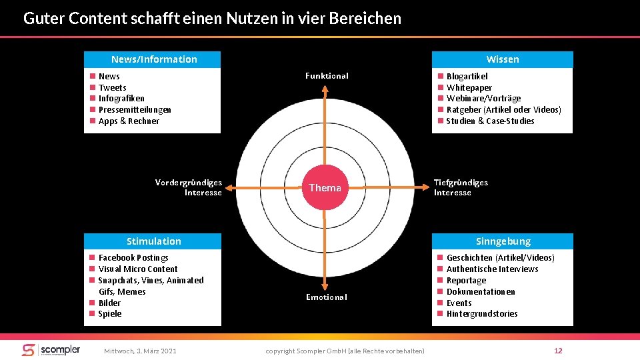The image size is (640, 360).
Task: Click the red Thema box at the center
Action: click(325, 188)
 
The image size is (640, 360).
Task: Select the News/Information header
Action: click(153, 59)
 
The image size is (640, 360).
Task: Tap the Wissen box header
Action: click(502, 59)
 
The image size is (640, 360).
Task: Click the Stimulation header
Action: click(153, 241)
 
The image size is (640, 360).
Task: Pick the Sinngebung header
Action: click(503, 241)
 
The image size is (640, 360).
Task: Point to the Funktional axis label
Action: click(327, 76)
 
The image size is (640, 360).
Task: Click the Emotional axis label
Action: click(327, 297)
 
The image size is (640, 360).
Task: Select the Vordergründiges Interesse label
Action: click(189, 187)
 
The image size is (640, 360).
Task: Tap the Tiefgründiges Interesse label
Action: click(461, 187)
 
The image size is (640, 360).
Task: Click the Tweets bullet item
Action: click(112, 87)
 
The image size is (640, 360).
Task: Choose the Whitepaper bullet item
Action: click(469, 87)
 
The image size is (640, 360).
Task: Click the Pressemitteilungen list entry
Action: click(135, 109)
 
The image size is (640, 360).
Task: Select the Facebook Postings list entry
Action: click(133, 257)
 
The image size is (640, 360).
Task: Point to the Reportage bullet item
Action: click(466, 280)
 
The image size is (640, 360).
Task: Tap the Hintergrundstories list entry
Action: click(481, 314)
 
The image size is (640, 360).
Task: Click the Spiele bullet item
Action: click(110, 314)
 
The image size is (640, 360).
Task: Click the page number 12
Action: click(558, 351)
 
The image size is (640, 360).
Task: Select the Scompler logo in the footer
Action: click(51, 350)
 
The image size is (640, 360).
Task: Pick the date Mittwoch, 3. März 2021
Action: click(141, 351)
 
